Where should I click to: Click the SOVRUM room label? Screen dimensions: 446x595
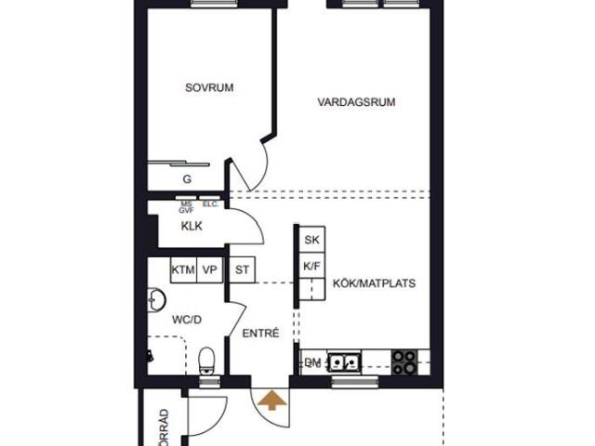(x=208, y=88)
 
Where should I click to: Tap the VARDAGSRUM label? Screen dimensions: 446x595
(x=356, y=103)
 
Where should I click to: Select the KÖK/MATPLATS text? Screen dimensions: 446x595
(x=374, y=283)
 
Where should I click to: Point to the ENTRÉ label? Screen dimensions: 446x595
(x=260, y=333)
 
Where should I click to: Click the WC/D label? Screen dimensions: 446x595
(x=186, y=319)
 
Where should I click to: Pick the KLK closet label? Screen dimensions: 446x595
(x=192, y=226)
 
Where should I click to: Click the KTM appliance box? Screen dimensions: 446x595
(x=183, y=270)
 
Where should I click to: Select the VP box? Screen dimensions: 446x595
(x=210, y=270)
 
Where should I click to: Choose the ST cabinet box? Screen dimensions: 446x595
(x=242, y=270)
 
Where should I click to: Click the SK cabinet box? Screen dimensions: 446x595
(x=311, y=241)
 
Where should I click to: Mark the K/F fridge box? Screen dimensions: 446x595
(x=311, y=266)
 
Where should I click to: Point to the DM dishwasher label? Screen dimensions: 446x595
(x=312, y=361)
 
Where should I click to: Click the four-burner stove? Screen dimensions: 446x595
(x=404, y=361)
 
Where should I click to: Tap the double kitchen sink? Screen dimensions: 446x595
(x=347, y=361)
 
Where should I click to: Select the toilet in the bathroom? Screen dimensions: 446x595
(x=208, y=361)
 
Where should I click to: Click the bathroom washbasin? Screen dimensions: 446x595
(x=155, y=300)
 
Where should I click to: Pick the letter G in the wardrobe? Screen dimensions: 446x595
(x=186, y=178)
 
